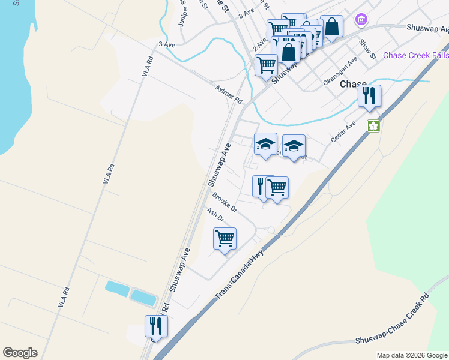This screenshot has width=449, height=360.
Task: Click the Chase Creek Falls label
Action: tap(415, 55)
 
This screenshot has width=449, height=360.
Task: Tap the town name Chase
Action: tap(353, 84)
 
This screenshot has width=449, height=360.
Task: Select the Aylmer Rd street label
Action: tap(228, 93)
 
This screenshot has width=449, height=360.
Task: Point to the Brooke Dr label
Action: tap(224, 202)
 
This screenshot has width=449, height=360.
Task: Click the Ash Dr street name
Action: tap(215, 215)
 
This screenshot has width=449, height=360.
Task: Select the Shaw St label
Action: tap(367, 49)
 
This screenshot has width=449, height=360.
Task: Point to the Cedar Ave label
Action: tap(343, 131)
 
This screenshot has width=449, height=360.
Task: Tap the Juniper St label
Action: tap(183, 17)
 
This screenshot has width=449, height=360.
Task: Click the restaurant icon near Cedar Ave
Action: tap(369, 96)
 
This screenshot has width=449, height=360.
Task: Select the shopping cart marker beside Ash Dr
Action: tap(224, 239)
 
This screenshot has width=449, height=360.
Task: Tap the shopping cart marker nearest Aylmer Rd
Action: tap(266, 65)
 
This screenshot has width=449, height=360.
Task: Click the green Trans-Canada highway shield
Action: tap(373, 126)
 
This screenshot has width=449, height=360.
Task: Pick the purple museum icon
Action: tap(361, 20)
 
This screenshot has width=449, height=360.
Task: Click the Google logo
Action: tap(20, 353)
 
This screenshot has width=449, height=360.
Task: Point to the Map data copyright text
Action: tap(412, 355)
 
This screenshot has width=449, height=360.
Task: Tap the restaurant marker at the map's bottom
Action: tap(156, 326)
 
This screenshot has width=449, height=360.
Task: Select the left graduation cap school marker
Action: tap(265, 144)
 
